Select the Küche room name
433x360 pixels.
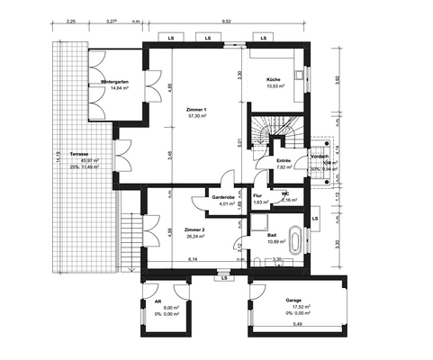pos(274,80)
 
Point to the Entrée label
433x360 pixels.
pos(284,160)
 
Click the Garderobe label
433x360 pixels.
pos(223,197)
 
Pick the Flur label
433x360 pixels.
pos(257,196)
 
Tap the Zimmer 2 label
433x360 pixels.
pos(195,230)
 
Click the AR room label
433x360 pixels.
pos(158,302)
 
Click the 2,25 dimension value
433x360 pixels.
pos(70,19)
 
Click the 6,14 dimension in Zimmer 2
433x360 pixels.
pos(194,259)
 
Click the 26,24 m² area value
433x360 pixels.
pos(195,238)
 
